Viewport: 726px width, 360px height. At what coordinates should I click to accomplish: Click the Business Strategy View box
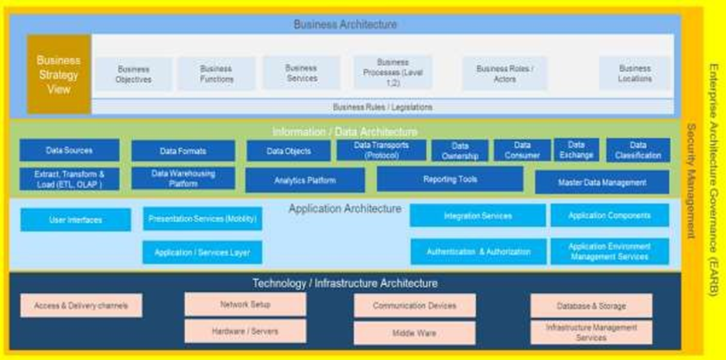(59, 74)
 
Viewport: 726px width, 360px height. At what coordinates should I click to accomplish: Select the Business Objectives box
(133, 74)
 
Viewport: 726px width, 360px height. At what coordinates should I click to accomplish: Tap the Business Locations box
(634, 74)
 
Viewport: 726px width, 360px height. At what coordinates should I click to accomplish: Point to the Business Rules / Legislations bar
(382, 107)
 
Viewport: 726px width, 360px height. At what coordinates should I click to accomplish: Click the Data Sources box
(70, 150)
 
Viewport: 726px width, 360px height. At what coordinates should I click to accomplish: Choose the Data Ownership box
(460, 151)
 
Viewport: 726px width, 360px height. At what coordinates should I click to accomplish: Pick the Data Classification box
(638, 150)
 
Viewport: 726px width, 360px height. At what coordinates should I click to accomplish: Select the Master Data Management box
(602, 183)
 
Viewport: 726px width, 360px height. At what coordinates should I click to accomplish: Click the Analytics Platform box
(305, 180)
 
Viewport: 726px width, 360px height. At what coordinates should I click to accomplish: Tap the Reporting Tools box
(450, 180)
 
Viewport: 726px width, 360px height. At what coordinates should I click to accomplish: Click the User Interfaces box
(75, 220)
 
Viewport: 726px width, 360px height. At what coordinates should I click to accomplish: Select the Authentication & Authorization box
(477, 252)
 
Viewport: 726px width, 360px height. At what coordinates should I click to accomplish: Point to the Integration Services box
(477, 216)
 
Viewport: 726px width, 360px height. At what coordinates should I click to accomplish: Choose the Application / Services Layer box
(202, 252)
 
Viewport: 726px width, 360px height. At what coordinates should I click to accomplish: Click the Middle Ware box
(414, 334)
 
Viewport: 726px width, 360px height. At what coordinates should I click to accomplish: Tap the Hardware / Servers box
(245, 331)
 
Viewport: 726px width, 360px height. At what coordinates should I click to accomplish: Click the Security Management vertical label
(691, 180)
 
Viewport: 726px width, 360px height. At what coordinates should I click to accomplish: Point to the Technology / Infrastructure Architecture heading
(345, 283)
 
